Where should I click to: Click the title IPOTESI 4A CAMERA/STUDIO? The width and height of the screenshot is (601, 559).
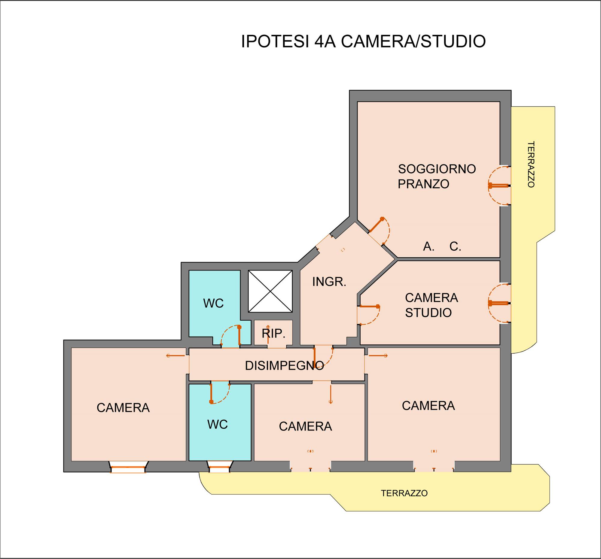click(x=363, y=41)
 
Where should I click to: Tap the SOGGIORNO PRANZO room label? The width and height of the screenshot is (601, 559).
click(x=437, y=176)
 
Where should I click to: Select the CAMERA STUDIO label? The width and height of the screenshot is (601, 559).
click(x=432, y=305)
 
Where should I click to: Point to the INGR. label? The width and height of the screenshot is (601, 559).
click(x=329, y=282)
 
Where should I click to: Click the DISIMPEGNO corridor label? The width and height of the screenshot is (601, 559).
click(x=284, y=366)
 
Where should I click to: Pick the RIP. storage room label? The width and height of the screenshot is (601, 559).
click(x=273, y=334)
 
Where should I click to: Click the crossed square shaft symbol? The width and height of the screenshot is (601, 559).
click(x=270, y=291)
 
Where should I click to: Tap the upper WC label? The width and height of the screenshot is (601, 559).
click(x=213, y=304)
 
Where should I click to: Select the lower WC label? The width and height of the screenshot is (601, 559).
click(x=217, y=425)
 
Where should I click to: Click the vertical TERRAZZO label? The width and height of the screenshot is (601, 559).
click(x=531, y=164)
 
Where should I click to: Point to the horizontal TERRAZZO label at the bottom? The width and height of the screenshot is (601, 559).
click(x=404, y=493)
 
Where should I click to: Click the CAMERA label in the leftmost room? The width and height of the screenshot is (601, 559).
click(x=123, y=408)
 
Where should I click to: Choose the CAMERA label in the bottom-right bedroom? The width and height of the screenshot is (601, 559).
click(x=429, y=406)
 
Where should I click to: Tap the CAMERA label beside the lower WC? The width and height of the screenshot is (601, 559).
click(x=305, y=426)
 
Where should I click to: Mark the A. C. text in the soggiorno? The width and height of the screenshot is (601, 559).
click(x=442, y=246)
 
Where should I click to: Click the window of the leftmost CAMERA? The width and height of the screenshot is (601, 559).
click(x=128, y=467)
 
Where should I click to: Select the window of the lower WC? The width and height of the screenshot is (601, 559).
click(x=220, y=467)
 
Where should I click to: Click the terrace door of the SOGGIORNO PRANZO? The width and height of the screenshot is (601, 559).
click(x=499, y=186)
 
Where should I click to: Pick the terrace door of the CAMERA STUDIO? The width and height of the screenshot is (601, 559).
click(x=499, y=303)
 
